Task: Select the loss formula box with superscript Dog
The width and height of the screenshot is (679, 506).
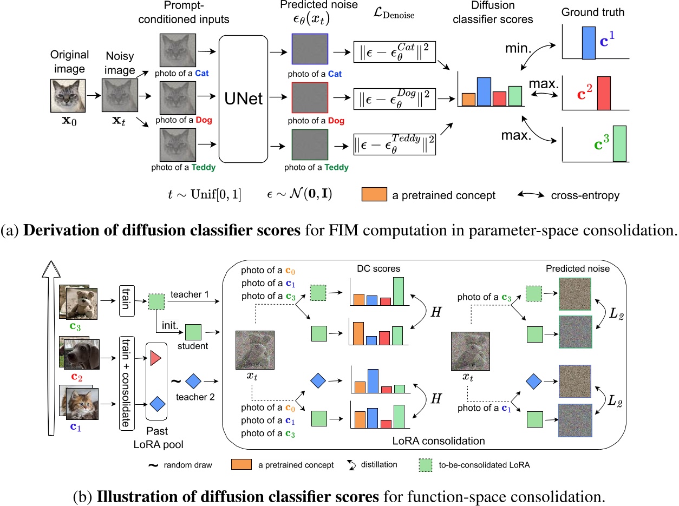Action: tap(395, 99)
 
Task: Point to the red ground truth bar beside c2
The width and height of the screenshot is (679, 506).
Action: tap(604, 93)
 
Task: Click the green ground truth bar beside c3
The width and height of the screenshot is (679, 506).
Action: tap(619, 143)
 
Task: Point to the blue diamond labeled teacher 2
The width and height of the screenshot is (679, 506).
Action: tap(193, 383)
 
